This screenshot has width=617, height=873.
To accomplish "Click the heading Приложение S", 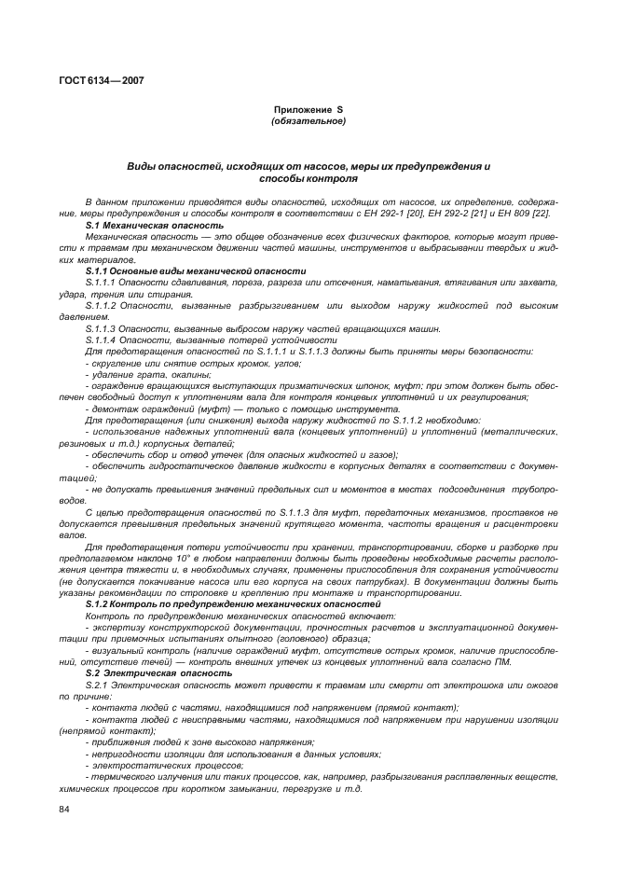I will coord(308,110).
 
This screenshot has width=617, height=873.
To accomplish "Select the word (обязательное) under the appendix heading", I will coord(308,121).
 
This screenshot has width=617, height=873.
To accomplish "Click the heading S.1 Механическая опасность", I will coord(154,225).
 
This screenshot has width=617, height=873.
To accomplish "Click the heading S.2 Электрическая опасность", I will coord(158,672).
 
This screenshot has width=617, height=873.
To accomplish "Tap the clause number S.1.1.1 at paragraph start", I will coord(100,282).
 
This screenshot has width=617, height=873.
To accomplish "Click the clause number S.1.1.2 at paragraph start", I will coord(100,305).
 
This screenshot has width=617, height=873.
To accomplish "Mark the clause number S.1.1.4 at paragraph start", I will coord(100,339).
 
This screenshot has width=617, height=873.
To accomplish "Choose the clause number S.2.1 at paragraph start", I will coord(97,685).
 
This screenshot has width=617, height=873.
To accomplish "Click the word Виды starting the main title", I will coord(143,166).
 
